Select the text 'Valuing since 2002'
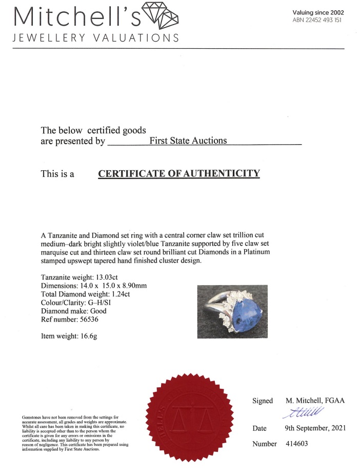tap(318, 12)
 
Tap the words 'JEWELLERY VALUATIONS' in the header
tap(96, 38)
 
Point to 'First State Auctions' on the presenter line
tap(188, 141)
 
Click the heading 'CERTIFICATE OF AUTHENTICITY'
tap(179, 173)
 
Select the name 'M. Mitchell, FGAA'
tap(315, 401)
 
